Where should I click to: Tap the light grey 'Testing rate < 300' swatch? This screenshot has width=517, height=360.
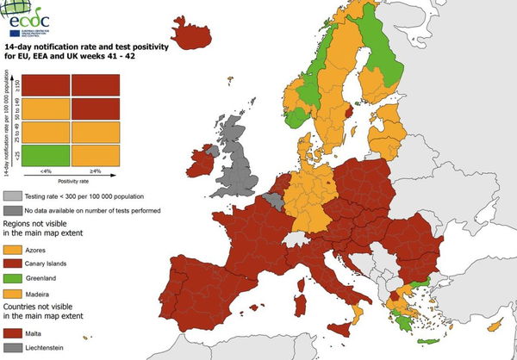coord(13,196)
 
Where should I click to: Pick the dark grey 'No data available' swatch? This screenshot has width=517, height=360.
coord(13,210)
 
